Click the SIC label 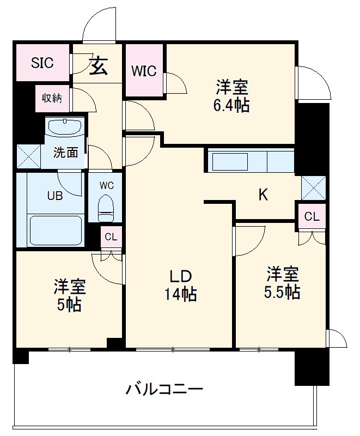pyautogui.click(x=42, y=63)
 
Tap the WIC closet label pyautogui.click(x=144, y=71)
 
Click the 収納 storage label pyautogui.click(x=52, y=98)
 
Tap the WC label pyautogui.click(x=106, y=185)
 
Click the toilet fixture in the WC pyautogui.click(x=106, y=208)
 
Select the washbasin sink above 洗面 pyautogui.click(x=65, y=128)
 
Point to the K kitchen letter pyautogui.click(x=263, y=195)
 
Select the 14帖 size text pyautogui.click(x=180, y=294)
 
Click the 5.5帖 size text pyautogui.click(x=282, y=292)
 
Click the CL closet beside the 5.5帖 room pyautogui.click(x=312, y=216)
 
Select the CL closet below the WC pyautogui.click(x=111, y=237)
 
